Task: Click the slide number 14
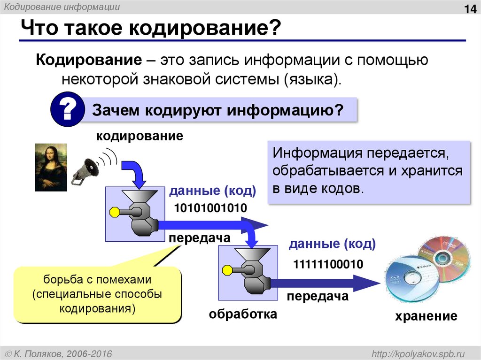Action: point(469,9)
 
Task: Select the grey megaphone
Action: point(87,169)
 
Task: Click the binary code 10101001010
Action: point(210,208)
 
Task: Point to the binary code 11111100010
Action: point(328,264)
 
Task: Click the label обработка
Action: point(243,313)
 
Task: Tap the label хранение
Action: point(426,316)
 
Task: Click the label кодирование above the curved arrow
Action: point(140,137)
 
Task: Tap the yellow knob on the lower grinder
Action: point(226,270)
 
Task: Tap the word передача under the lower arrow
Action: point(318,296)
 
